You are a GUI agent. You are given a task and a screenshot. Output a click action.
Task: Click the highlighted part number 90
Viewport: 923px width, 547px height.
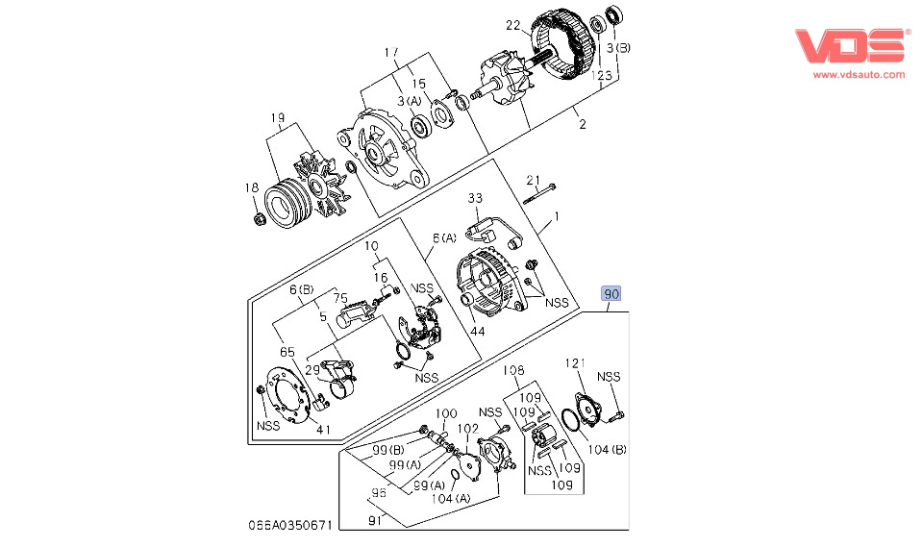click(611, 293)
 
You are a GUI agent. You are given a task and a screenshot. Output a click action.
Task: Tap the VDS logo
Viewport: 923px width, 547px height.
click(850, 45)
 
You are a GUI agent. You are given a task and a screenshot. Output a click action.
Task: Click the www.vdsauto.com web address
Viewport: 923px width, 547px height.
click(859, 75)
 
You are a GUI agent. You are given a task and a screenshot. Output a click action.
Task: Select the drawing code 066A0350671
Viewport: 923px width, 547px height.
click(290, 525)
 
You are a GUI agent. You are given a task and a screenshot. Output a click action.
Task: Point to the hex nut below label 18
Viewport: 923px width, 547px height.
click(259, 219)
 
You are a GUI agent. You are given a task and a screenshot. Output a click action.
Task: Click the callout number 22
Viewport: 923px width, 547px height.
click(513, 25)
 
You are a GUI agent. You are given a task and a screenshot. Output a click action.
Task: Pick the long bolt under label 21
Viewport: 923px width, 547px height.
click(539, 195)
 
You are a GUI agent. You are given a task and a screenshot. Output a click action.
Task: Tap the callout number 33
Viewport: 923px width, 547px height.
click(475, 198)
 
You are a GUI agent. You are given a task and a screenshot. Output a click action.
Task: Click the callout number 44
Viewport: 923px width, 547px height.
click(478, 332)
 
